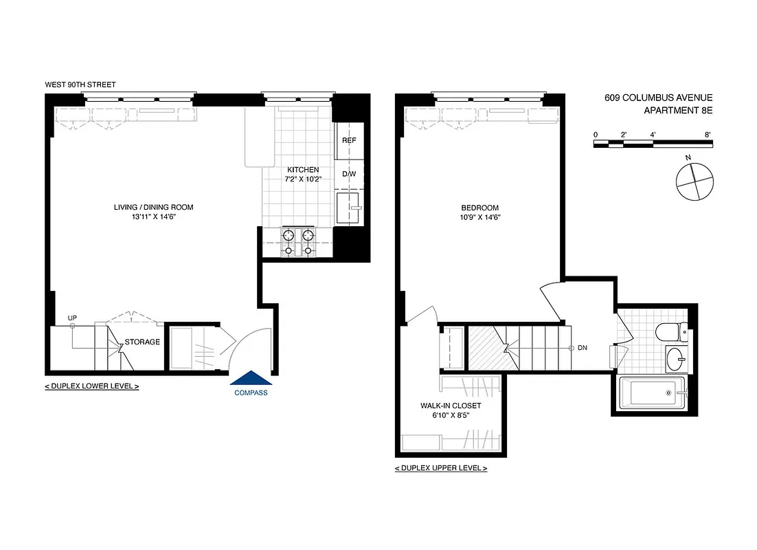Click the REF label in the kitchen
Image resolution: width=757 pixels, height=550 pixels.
click(349, 141)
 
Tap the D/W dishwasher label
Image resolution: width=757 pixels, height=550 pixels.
click(349, 174)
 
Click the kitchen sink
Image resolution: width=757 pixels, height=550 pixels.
click(350, 206)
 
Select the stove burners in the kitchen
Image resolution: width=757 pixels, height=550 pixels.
click(298, 242)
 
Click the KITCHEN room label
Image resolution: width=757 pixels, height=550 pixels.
click(303, 169)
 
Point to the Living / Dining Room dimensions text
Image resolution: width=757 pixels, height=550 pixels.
click(153, 217)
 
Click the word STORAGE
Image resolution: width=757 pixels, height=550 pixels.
click(142, 342)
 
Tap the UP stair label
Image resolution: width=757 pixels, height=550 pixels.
click(72, 317)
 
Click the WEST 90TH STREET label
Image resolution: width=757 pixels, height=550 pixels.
click(80, 85)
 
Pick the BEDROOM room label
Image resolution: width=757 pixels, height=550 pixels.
click(480, 208)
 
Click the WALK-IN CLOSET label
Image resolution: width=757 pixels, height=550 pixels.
click(451, 406)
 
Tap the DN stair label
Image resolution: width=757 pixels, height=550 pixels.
click(583, 348)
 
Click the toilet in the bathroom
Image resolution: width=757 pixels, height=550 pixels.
click(670, 333)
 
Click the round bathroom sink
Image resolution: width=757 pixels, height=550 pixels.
click(677, 358)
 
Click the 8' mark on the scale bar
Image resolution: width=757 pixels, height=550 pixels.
click(708, 134)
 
